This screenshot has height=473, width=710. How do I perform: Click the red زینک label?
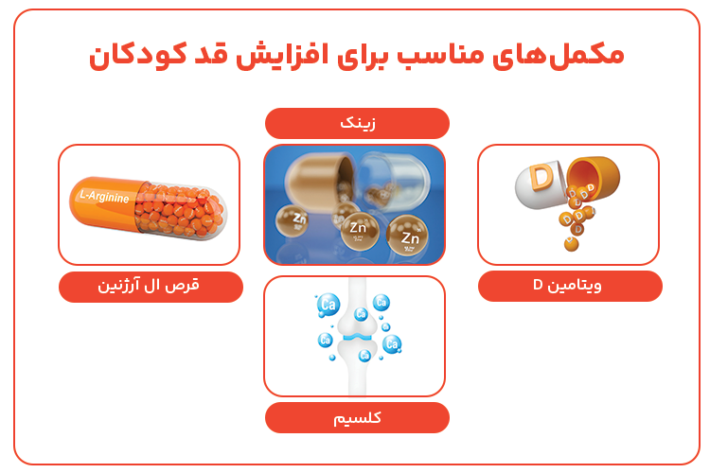tap(356, 123)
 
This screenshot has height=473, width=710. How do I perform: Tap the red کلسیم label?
tap(356, 417)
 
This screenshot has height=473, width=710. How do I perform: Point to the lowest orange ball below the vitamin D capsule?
tap(571, 245)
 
